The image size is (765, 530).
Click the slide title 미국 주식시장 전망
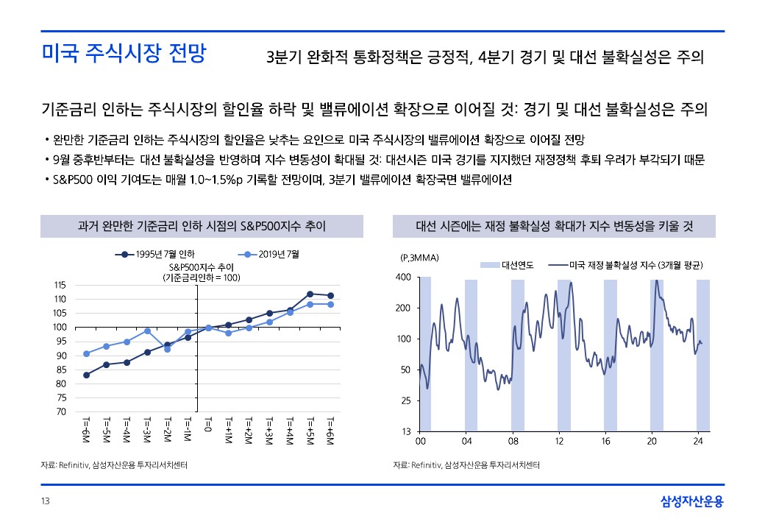pos(124,54)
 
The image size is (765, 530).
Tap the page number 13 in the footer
pos(45,501)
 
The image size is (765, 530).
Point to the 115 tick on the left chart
pos(60,285)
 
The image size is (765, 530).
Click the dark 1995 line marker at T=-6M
pos(87,375)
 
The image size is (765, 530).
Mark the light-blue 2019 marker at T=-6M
pos(87,353)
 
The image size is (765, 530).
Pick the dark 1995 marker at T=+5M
pos(310,294)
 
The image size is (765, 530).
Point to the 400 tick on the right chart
pos(403,277)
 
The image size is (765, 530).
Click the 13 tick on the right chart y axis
pos(405,431)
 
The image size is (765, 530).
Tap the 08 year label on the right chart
pos(513,442)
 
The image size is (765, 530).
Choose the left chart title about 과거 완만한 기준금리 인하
pos(202,226)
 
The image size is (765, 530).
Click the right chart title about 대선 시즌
pos(554,226)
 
